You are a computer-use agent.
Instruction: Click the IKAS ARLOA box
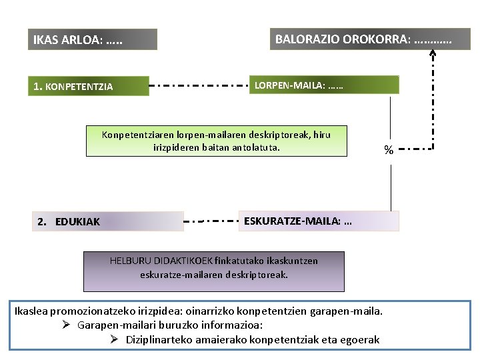(x=93, y=40)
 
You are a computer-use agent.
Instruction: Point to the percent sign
(x=388, y=150)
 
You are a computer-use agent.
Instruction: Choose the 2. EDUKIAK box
(x=108, y=221)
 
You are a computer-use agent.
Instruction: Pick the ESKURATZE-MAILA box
(x=319, y=221)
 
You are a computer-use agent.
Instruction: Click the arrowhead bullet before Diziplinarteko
(x=114, y=340)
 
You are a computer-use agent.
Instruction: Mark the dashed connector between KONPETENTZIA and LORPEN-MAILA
(x=199, y=86)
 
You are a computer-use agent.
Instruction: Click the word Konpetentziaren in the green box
(x=135, y=135)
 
